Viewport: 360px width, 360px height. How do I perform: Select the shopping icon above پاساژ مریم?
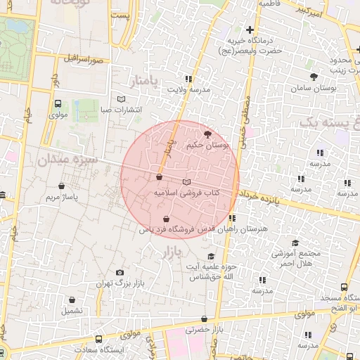point(63,186)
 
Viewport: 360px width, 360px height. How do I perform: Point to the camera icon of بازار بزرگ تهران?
point(120,272)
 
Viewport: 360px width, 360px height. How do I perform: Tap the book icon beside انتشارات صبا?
point(122,99)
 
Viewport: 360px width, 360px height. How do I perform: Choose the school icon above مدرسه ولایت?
point(188,79)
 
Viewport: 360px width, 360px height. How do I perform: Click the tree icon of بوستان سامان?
point(314,77)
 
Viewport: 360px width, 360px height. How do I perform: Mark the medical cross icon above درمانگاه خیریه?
point(250,30)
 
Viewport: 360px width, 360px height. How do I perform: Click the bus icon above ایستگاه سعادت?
point(98,340)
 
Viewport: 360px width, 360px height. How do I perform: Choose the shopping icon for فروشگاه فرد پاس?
point(166,219)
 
